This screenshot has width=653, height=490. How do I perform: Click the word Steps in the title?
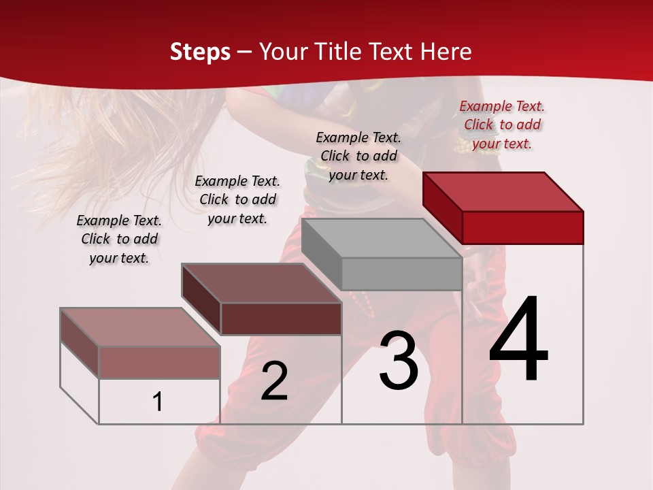click(x=200, y=52)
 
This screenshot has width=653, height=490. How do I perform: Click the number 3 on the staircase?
click(x=399, y=360)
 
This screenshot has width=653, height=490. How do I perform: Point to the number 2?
click(x=274, y=381)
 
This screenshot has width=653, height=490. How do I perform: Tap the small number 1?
click(x=158, y=402)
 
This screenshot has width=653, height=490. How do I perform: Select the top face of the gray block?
click(x=382, y=238)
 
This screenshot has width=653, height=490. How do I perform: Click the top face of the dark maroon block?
click(x=262, y=283)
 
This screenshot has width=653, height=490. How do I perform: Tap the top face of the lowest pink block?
click(x=140, y=327)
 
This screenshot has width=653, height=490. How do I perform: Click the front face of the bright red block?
click(x=522, y=227)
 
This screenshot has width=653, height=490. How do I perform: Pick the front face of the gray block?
click(x=401, y=274)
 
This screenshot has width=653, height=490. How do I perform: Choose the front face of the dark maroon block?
click(x=281, y=318)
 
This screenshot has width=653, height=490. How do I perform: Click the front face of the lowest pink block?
click(x=159, y=362)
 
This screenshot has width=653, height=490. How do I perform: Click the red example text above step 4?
click(x=502, y=125)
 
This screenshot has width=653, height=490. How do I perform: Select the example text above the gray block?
click(x=358, y=156)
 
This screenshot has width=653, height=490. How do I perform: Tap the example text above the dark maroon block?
click(x=237, y=199)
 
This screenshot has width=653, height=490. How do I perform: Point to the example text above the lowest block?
click(x=119, y=239)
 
